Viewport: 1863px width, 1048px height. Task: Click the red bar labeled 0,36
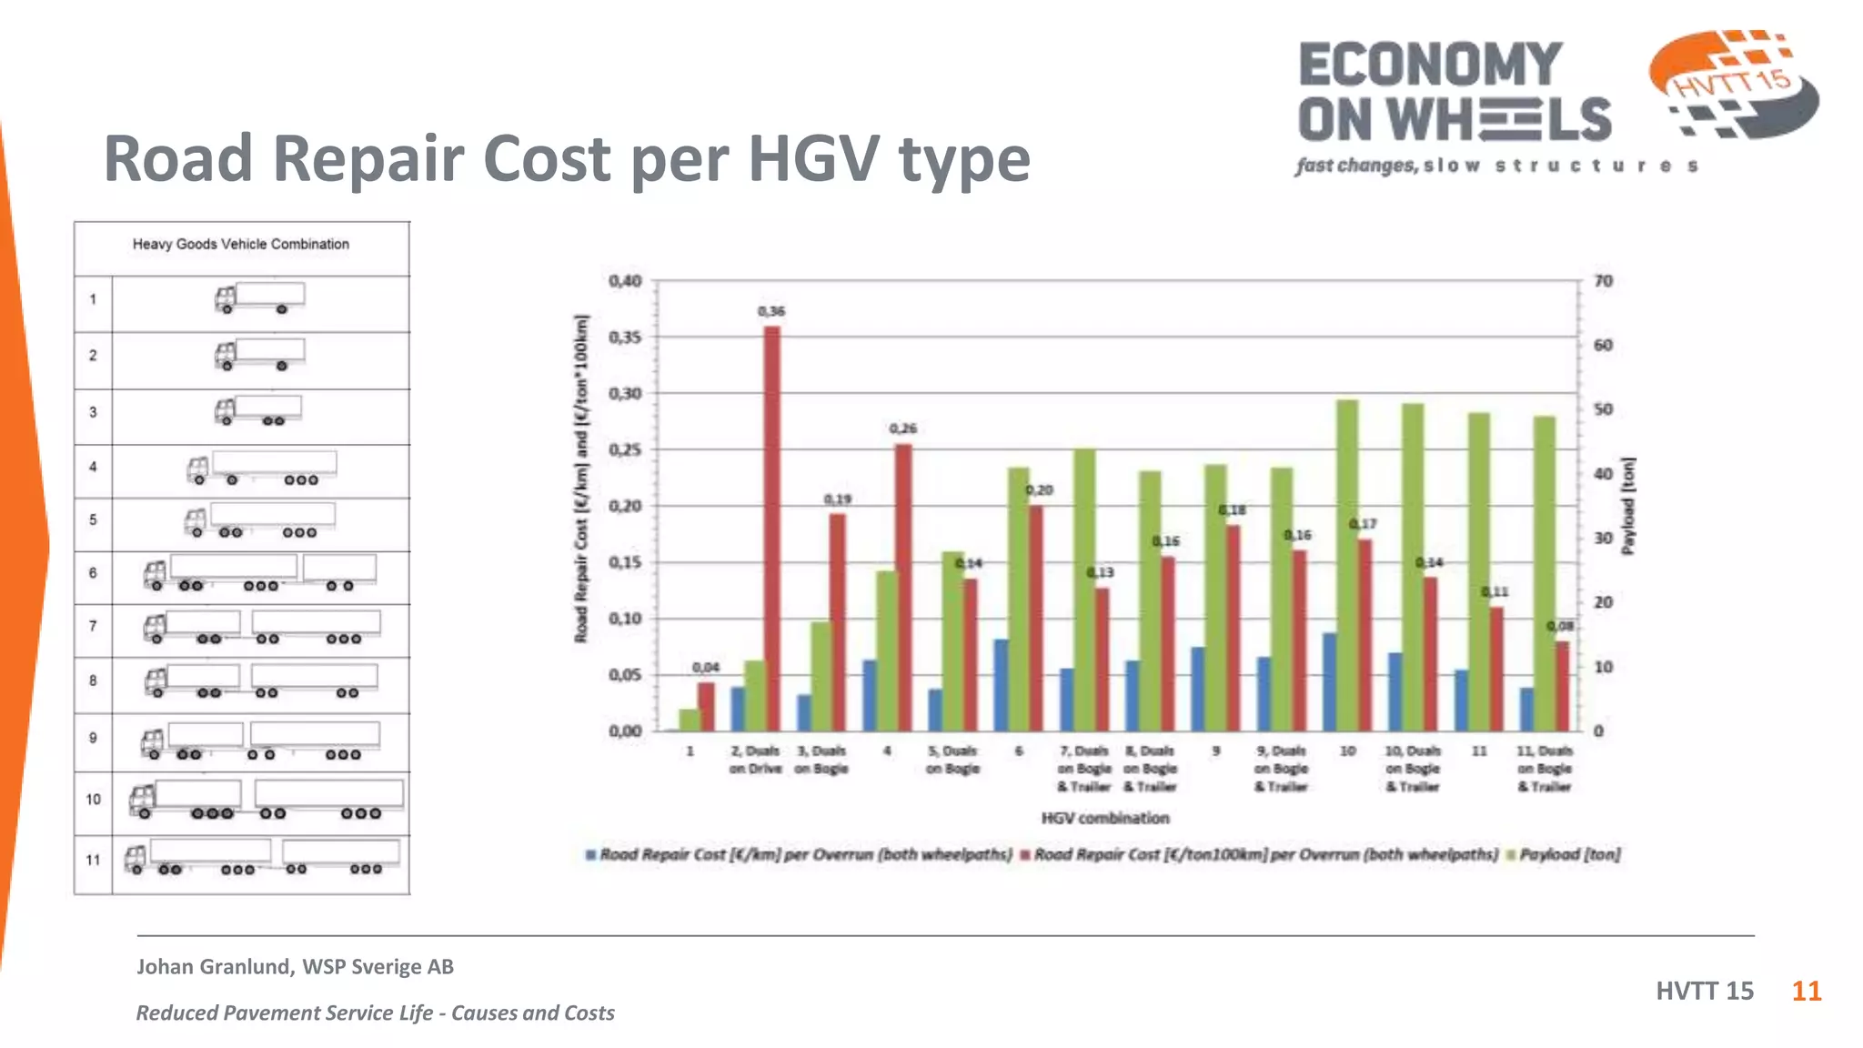(x=771, y=528)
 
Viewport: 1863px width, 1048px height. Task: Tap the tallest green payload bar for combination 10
(x=1347, y=564)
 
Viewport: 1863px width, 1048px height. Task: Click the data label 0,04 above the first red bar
(x=705, y=668)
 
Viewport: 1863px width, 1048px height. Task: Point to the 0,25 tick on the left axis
(x=625, y=450)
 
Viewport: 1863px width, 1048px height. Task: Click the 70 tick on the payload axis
(x=1603, y=281)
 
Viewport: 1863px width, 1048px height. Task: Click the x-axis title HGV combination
(x=1105, y=818)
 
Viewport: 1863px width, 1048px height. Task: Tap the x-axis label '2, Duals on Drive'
(x=755, y=760)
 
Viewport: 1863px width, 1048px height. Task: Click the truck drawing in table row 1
(x=259, y=298)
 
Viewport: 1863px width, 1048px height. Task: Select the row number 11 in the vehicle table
(x=93, y=860)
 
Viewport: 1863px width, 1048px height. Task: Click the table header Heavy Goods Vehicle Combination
(x=241, y=244)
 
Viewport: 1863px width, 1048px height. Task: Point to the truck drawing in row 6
(x=259, y=573)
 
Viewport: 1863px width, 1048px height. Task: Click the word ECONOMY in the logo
(x=1430, y=65)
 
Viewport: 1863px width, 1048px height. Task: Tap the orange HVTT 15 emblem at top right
(x=1733, y=84)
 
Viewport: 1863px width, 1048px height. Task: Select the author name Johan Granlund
(x=216, y=966)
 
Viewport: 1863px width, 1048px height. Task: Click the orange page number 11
(x=1806, y=991)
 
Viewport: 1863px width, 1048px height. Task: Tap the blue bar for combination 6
(x=1001, y=684)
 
